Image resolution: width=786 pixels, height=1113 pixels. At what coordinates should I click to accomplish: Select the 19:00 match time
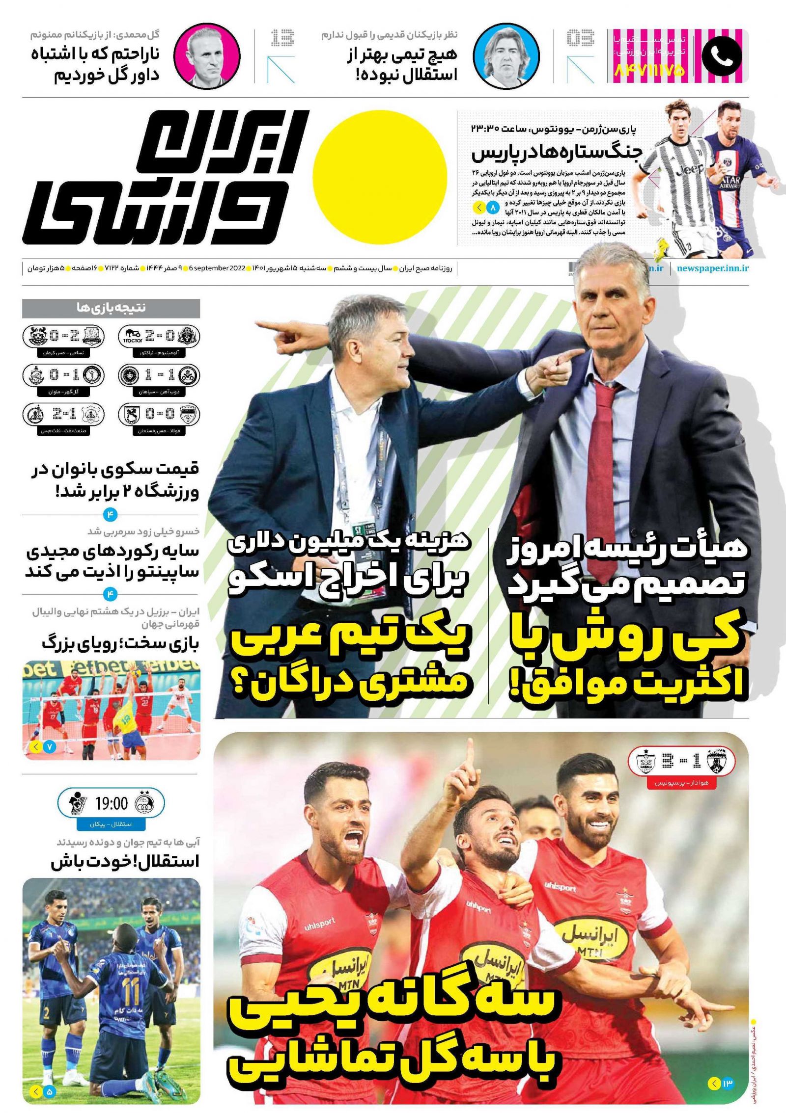(x=111, y=804)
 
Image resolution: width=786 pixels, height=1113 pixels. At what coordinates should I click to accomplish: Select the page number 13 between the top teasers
(x=282, y=38)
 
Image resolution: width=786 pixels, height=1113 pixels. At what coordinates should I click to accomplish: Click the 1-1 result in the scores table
(x=160, y=375)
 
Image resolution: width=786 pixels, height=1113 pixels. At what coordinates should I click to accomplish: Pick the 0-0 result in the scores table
(x=160, y=415)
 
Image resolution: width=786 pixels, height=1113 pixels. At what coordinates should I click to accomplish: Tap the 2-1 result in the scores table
(x=63, y=415)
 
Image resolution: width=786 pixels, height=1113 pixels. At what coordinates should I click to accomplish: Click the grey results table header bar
(x=111, y=308)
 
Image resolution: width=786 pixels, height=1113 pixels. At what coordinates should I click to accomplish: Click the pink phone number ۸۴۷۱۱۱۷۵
(x=649, y=71)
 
